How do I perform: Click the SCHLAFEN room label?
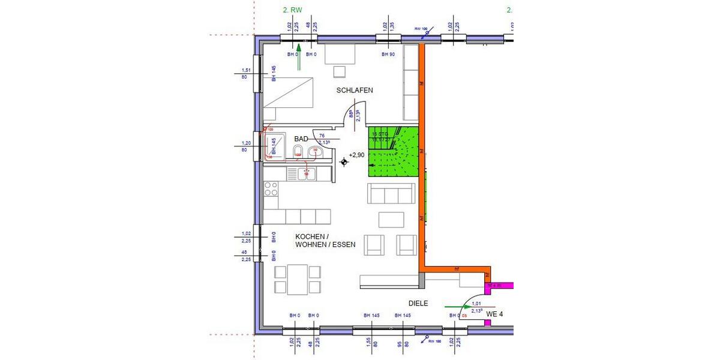tap(355, 90)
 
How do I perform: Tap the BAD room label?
tap(301, 139)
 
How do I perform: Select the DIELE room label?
tap(418, 304)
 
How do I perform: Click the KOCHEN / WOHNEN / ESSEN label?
tap(325, 241)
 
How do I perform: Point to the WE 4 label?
tap(494, 314)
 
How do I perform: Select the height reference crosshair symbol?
tap(344, 161)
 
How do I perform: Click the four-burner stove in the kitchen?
tap(271, 189)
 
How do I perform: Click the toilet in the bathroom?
tap(298, 151)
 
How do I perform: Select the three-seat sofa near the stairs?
tap(391, 194)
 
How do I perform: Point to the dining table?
tap(298, 279)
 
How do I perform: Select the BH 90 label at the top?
tap(388, 55)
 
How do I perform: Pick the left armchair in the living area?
tap(375, 243)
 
